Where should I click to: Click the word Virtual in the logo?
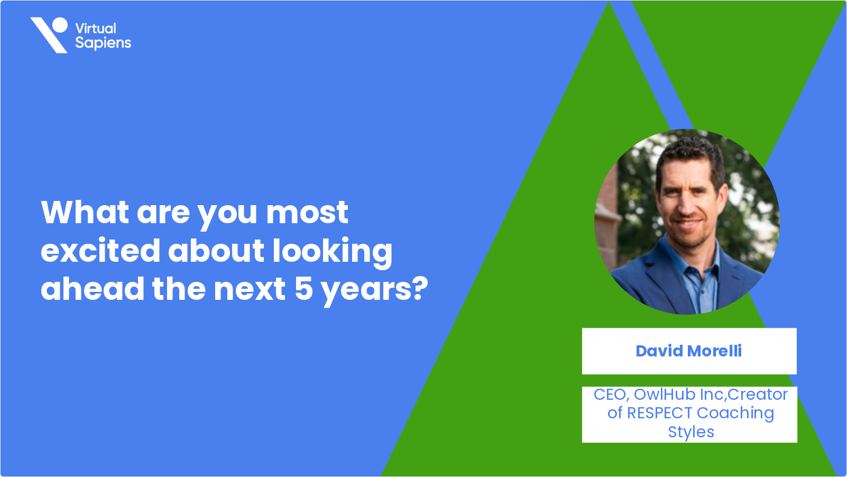click(x=96, y=29)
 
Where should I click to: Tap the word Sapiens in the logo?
click(x=103, y=43)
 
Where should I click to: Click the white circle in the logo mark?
click(x=60, y=24)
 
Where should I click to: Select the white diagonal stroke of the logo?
click(x=49, y=35)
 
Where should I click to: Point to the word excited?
click(x=100, y=251)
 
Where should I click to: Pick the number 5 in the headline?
click(x=304, y=289)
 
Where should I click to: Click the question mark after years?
click(x=420, y=289)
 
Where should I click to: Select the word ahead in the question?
click(x=93, y=288)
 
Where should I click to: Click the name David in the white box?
click(x=659, y=351)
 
